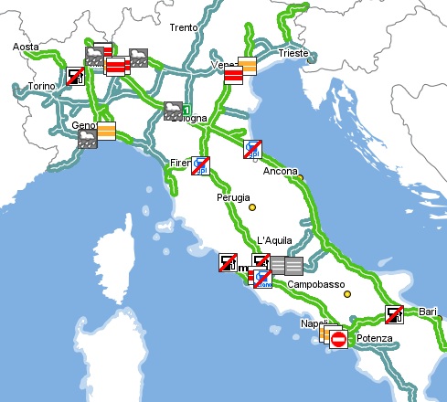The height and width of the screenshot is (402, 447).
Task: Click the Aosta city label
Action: (x=27, y=47)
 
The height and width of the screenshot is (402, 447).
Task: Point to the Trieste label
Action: (x=294, y=54)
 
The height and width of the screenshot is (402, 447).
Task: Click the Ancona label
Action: (x=280, y=171)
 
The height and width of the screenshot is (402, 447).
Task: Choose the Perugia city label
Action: (x=233, y=196)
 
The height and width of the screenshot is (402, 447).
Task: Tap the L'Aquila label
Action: (x=274, y=240)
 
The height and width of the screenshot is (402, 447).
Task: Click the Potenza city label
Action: (x=374, y=339)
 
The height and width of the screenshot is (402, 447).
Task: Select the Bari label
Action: (x=427, y=312)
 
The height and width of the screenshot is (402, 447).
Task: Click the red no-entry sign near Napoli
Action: (x=338, y=340)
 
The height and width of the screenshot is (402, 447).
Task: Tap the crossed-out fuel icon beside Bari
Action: (x=395, y=314)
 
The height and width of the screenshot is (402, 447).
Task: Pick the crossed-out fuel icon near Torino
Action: (x=77, y=77)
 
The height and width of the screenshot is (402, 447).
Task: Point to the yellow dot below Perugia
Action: (x=253, y=208)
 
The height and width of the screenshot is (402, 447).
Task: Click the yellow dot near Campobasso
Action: (x=346, y=294)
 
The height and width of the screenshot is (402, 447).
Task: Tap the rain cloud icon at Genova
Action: (x=88, y=139)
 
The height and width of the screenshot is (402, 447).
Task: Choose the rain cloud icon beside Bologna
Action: (x=173, y=111)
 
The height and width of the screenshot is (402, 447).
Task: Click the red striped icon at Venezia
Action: (x=233, y=76)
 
